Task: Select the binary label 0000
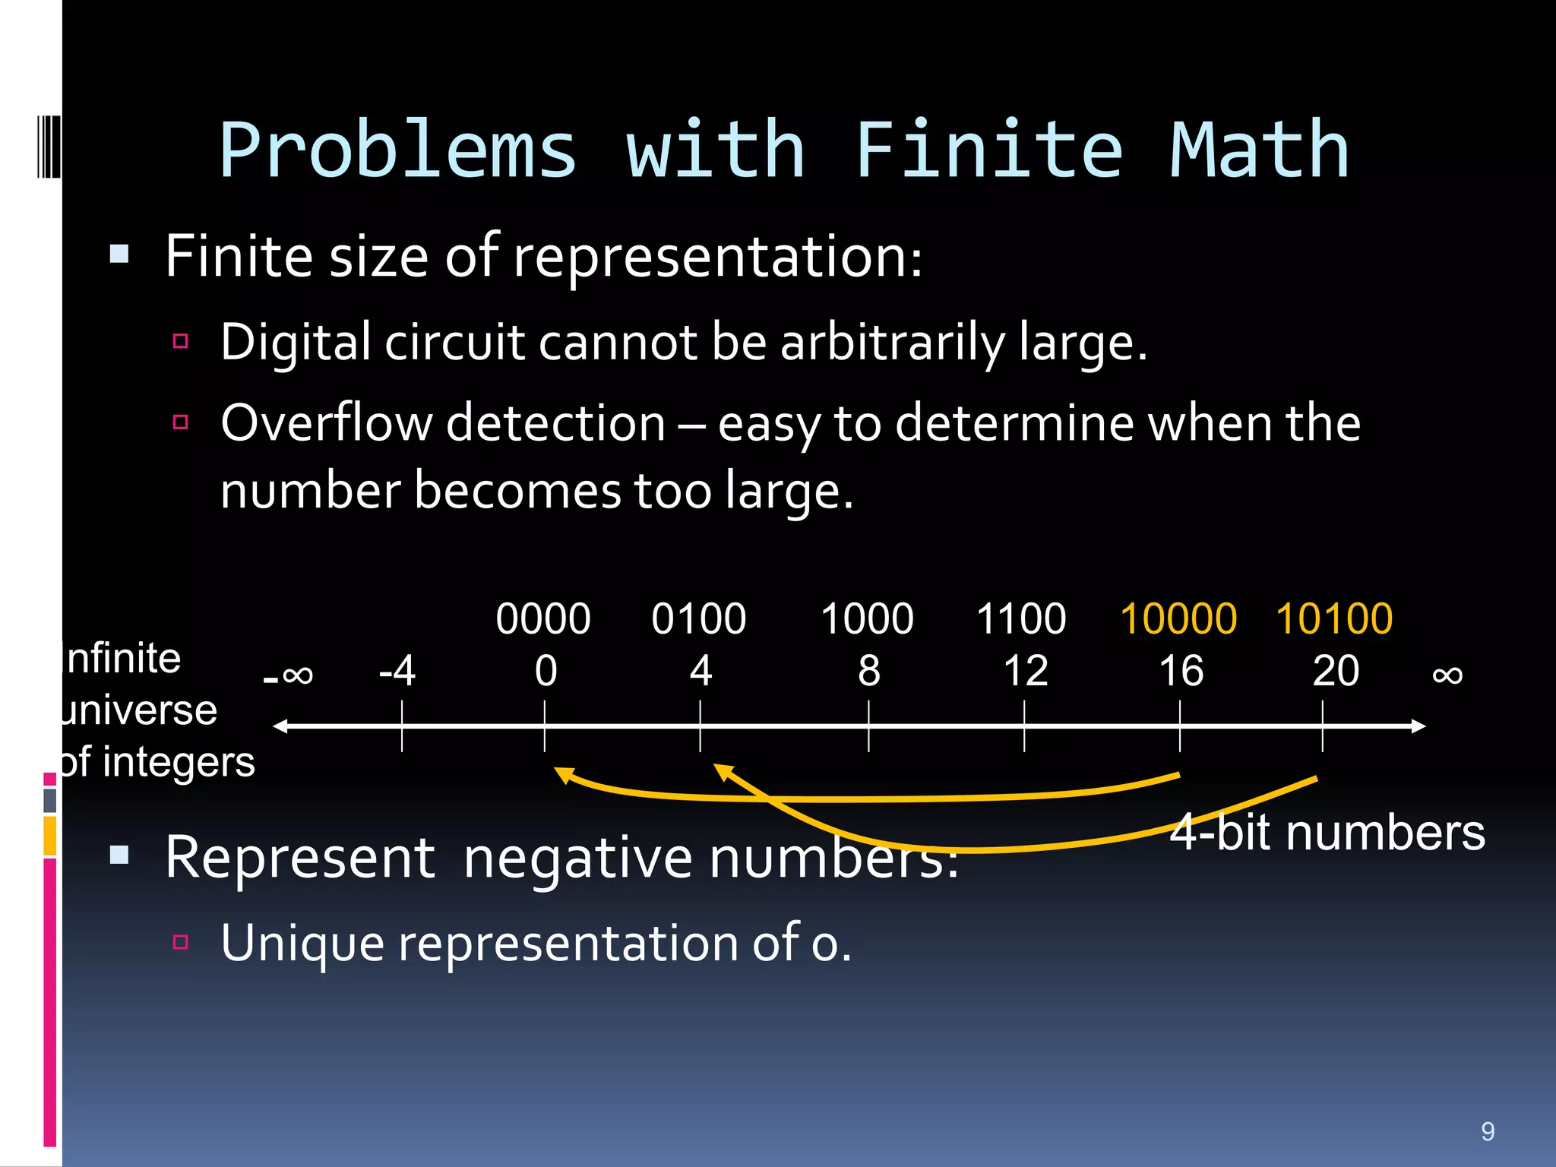pyautogui.click(x=543, y=618)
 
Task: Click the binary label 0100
pyautogui.click(x=698, y=618)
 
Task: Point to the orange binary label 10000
pyautogui.click(x=1178, y=618)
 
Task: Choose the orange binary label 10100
pyautogui.click(x=1334, y=618)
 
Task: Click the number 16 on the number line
pyautogui.click(x=1181, y=671)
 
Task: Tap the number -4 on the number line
pyautogui.click(x=397, y=671)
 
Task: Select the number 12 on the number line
pyautogui.click(x=1025, y=671)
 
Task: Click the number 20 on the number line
pyautogui.click(x=1336, y=671)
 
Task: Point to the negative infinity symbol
pyautogui.click(x=288, y=675)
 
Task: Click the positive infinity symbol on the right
pyautogui.click(x=1447, y=675)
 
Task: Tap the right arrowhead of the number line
pyautogui.click(x=1418, y=726)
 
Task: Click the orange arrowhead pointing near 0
pyautogui.click(x=563, y=774)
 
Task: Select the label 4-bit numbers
pyautogui.click(x=1327, y=833)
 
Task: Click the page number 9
pyautogui.click(x=1488, y=1131)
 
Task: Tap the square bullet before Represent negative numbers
pyautogui.click(x=119, y=856)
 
